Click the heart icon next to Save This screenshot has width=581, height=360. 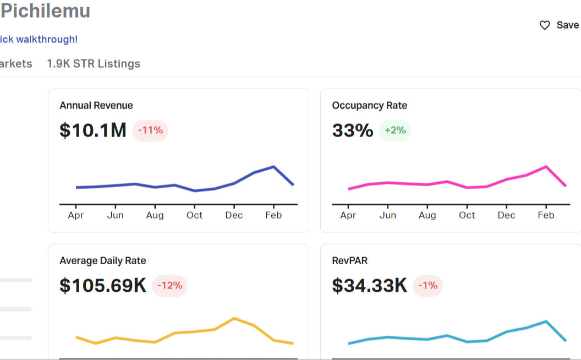pos(545,25)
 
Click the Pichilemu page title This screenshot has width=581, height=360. pos(45,11)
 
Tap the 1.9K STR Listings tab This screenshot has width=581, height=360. pos(94,64)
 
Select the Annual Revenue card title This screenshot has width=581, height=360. pos(96,106)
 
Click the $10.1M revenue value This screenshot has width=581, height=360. pos(93,130)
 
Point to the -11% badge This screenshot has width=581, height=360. pos(150,130)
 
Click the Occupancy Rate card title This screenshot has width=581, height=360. pos(370,106)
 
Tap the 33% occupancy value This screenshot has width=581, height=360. pos(353,130)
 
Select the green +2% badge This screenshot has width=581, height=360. pos(395,130)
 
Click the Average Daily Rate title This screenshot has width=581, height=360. pos(103,261)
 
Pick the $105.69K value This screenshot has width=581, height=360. pos(103,286)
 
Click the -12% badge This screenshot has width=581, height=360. pos(169,286)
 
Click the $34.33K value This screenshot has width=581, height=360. pos(370,286)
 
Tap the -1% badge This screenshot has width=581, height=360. pos(427,286)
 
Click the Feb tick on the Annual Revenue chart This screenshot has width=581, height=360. pos(273,215)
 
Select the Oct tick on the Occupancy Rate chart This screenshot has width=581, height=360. pos(467,215)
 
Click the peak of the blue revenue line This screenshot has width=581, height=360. pos(273,166)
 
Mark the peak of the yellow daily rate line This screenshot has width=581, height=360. pos(234,318)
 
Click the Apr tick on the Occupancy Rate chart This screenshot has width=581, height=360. pos(348,215)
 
